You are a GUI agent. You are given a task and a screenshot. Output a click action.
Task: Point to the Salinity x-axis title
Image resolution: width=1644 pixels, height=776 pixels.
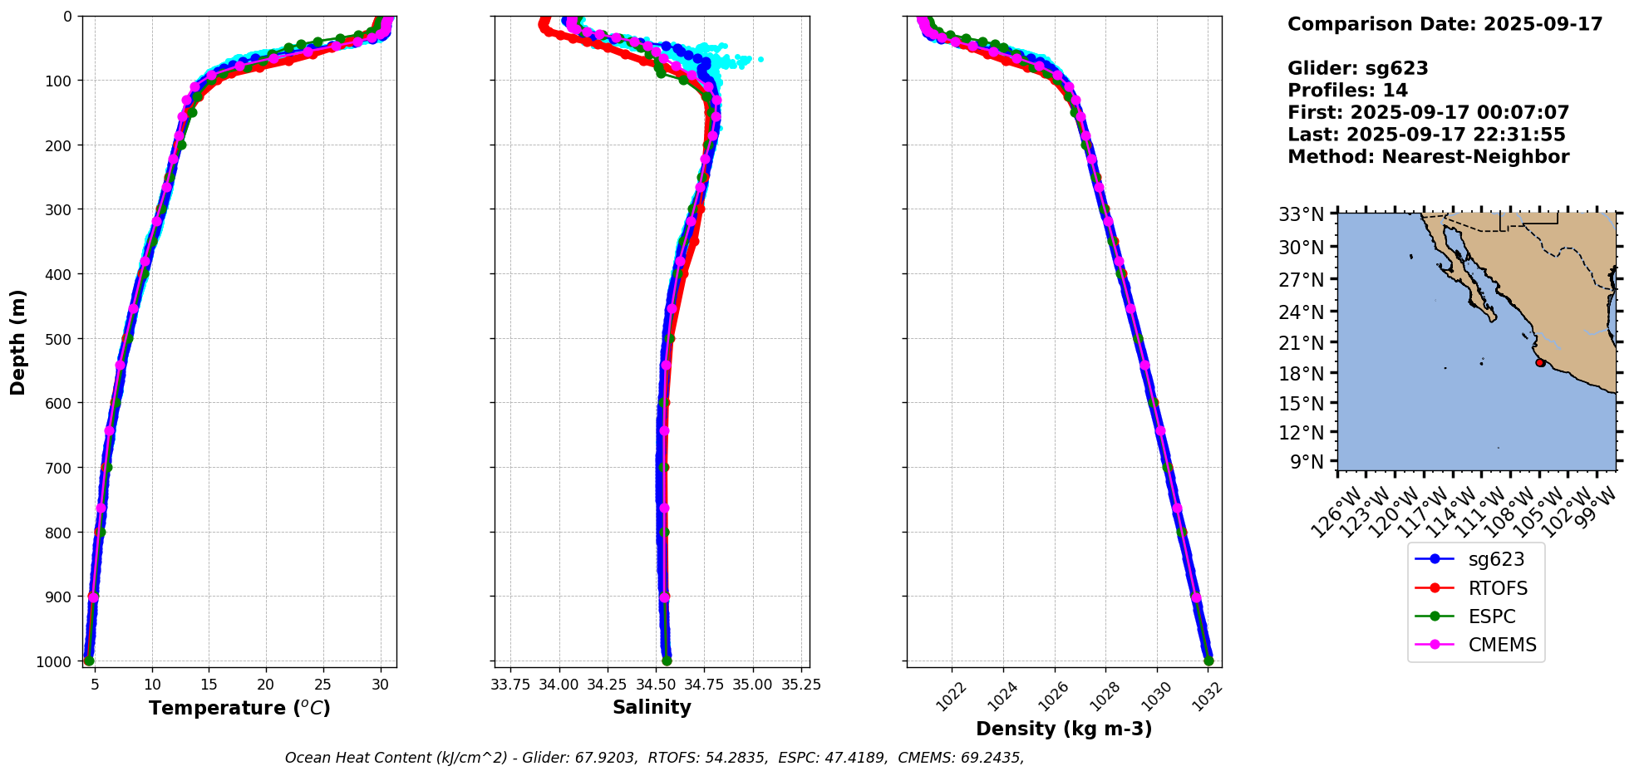pos(652,707)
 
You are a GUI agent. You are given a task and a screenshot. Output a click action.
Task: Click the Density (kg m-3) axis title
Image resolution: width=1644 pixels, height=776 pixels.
pos(1064,729)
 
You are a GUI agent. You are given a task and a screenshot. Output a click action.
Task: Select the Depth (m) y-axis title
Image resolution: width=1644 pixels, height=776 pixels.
pos(18,341)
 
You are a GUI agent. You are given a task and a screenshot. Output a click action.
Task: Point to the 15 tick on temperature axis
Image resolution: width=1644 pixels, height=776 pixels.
pos(209,685)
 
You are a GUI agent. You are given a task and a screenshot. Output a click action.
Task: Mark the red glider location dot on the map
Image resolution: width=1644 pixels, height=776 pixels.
pos(1540,363)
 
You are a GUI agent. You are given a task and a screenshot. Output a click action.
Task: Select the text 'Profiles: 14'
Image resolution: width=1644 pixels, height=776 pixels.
pos(1347,91)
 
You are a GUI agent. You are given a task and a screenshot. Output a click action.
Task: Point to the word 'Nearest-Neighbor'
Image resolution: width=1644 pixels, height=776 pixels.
pos(1475,157)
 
